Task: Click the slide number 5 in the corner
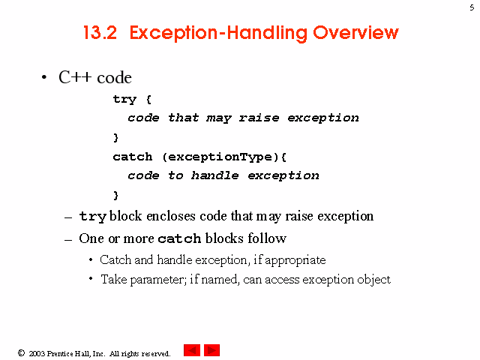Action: [472, 7]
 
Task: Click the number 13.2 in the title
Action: [100, 32]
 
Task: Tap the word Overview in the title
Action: [355, 32]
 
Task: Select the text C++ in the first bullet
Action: [75, 77]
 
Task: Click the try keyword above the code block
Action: [124, 100]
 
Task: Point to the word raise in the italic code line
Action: [259, 118]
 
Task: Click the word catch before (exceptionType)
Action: [133, 157]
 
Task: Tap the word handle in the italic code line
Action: [215, 175]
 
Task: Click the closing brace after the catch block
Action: [115, 195]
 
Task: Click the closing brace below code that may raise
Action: [115, 138]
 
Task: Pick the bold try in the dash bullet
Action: [93, 217]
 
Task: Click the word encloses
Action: [171, 216]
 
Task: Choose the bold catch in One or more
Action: [179, 238]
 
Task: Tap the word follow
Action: [267, 238]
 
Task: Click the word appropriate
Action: [295, 260]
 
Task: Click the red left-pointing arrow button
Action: [192, 350]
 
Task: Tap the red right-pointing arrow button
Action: [211, 350]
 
